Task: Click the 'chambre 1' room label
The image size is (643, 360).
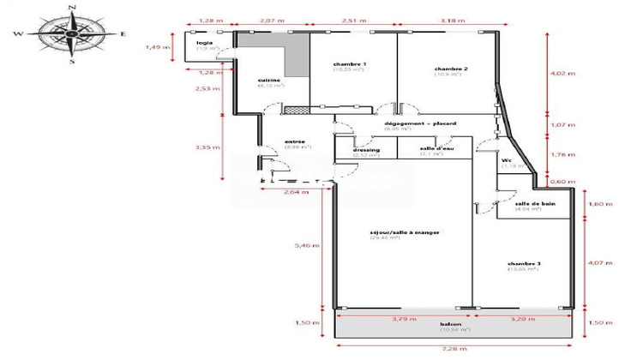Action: tap(351, 65)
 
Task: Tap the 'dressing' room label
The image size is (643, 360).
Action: tap(366, 149)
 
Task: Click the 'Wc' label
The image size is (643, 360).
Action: tap(507, 159)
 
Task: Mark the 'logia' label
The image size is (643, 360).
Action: tap(204, 42)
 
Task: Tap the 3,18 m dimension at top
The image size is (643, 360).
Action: tap(447, 18)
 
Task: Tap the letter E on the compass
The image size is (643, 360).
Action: tap(124, 33)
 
